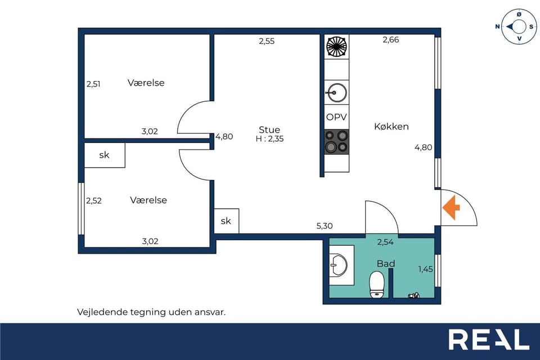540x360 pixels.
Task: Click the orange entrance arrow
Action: [x=451, y=208]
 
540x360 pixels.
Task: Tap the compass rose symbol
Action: [x=518, y=26]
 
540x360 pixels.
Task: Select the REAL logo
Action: [x=488, y=340]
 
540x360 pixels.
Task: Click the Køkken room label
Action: [x=391, y=127]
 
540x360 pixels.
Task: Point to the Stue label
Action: [x=269, y=129]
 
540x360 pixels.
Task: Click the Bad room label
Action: [x=386, y=263]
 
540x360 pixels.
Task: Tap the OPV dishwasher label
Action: [x=336, y=118]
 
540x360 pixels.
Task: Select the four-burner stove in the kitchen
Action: [x=336, y=141]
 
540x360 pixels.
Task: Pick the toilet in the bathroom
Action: [x=376, y=284]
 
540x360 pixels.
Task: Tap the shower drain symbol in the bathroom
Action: [x=415, y=294]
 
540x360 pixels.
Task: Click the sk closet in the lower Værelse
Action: [x=104, y=155]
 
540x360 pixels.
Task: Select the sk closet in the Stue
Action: [x=226, y=221]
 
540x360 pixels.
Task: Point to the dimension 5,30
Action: [x=325, y=226]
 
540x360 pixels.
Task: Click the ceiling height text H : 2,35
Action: [x=269, y=138]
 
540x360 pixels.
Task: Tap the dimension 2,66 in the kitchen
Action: [x=390, y=40]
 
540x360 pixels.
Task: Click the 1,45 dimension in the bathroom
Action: [x=426, y=269]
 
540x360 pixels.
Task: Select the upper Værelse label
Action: [x=146, y=83]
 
